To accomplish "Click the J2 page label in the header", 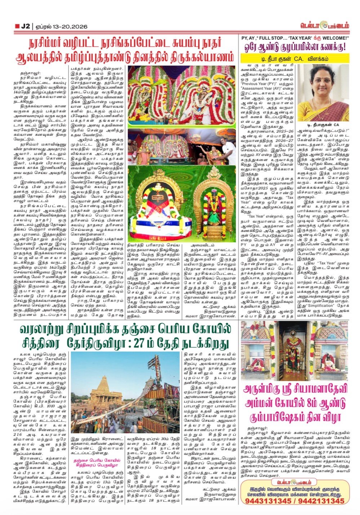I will [25, 26].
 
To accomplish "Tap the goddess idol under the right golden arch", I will [214, 207].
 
